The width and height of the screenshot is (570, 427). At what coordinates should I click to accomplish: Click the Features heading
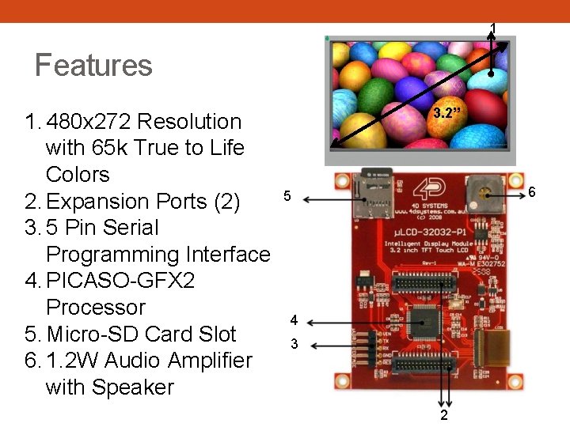coord(93,65)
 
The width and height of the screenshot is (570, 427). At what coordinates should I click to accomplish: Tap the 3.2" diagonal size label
coord(447,112)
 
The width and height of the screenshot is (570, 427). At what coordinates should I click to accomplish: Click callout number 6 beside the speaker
coord(533,193)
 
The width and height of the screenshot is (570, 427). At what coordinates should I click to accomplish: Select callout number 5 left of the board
coord(287,196)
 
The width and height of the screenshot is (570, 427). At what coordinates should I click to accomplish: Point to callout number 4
coord(294,321)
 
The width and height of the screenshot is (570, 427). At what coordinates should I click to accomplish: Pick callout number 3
coord(294,344)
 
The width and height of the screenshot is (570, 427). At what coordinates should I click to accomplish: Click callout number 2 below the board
coord(445,416)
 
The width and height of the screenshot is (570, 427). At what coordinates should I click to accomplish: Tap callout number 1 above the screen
coord(493,28)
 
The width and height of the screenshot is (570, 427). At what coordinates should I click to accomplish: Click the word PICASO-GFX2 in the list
coord(120,281)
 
